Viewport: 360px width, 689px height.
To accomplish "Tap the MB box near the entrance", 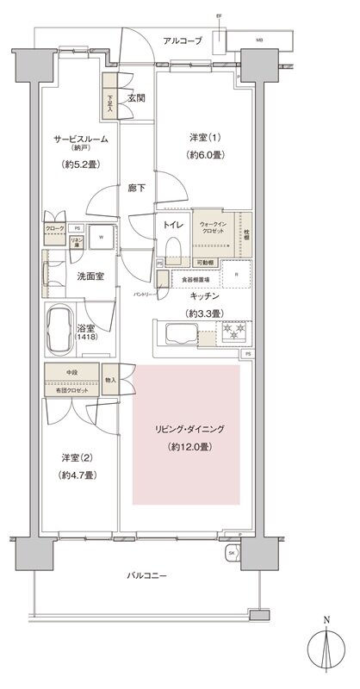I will pyautogui.click(x=259, y=40).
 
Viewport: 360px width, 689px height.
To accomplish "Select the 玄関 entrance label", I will pyautogui.click(x=136, y=98).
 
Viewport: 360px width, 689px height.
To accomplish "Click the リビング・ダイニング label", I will pyautogui.click(x=185, y=428).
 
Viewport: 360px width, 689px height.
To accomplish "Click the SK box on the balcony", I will pyautogui.click(x=231, y=553).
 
